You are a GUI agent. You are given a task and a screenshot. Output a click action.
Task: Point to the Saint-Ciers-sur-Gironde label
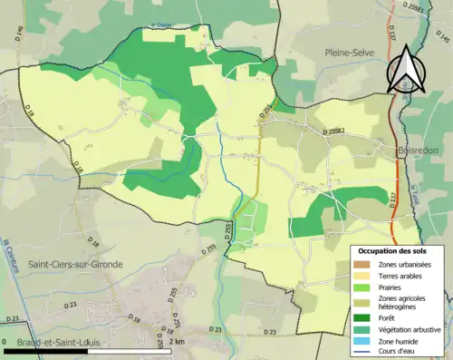[x=77, y=264]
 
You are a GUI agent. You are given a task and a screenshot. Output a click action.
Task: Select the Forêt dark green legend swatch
[x=363, y=316]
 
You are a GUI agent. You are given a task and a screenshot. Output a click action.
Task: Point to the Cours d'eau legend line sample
[x=363, y=352]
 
